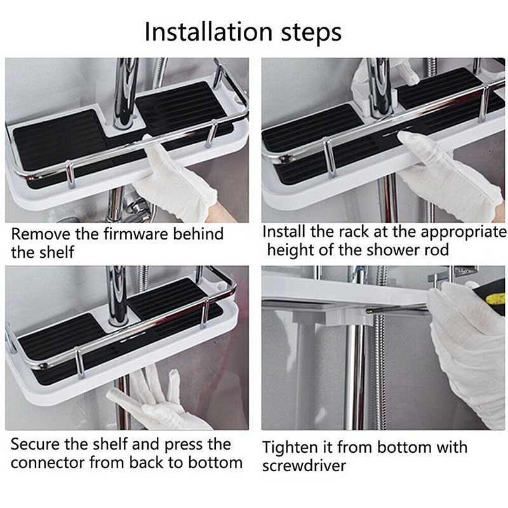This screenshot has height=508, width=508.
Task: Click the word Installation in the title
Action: pos(208,32)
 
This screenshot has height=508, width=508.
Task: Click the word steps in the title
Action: pos(311,32)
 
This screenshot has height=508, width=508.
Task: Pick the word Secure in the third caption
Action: pos(36,444)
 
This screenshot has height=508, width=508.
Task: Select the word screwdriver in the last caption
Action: pos(304,466)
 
